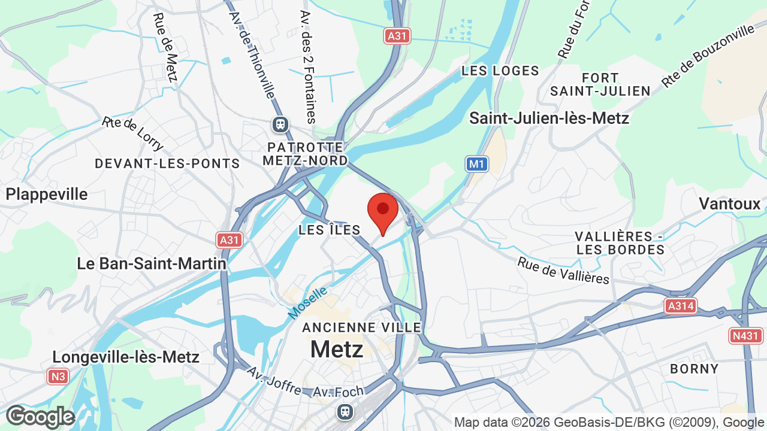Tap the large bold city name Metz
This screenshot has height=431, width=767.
click(337, 349)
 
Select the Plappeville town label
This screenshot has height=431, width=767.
click(47, 194)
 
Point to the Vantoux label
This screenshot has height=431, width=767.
click(729, 204)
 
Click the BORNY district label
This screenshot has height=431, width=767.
click(694, 369)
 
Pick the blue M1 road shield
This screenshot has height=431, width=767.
click(477, 163)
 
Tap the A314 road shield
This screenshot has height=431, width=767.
click(681, 306)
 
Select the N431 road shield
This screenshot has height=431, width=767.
click(746, 336)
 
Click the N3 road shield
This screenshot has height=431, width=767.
click(58, 377)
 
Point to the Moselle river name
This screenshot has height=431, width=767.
click(308, 302)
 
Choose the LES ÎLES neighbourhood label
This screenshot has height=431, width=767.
click(330, 230)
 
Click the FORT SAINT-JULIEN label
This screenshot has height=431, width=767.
click(600, 84)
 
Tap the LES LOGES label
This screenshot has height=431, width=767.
click(500, 71)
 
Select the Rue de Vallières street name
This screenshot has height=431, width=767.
click(563, 271)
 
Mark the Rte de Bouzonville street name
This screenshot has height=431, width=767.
click(708, 56)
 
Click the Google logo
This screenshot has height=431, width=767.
click(40, 417)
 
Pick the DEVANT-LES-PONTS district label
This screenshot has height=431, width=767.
click(167, 163)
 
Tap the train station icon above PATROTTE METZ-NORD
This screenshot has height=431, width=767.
click(280, 125)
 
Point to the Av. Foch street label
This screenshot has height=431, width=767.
click(339, 392)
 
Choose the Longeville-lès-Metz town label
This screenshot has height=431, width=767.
click(126, 357)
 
